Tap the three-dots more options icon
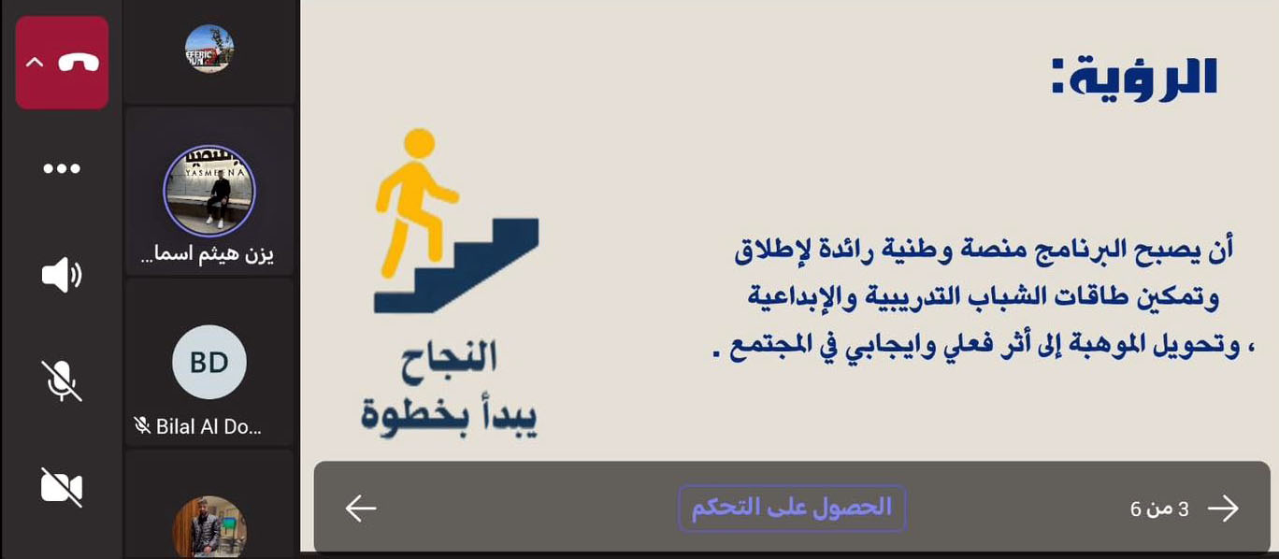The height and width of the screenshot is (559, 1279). point(62,169)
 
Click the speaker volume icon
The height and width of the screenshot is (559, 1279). point(62,275)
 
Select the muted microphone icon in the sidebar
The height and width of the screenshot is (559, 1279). point(62,380)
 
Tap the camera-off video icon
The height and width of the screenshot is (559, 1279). point(62,487)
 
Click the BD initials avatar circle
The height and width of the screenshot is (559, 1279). point(209,363)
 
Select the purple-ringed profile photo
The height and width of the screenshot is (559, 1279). point(209,191)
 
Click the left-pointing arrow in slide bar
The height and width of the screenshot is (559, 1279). point(360,508)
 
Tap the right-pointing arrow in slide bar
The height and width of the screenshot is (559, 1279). point(1223,508)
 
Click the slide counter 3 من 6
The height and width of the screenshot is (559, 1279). point(1159,509)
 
